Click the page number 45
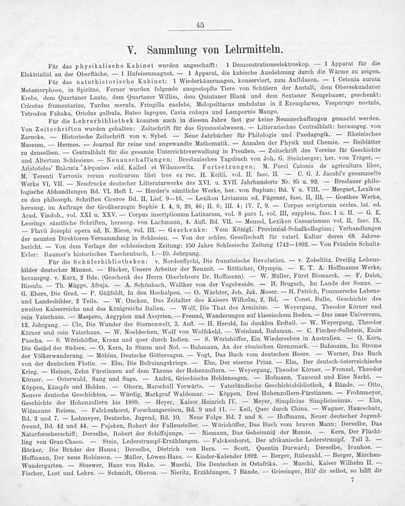199,25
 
